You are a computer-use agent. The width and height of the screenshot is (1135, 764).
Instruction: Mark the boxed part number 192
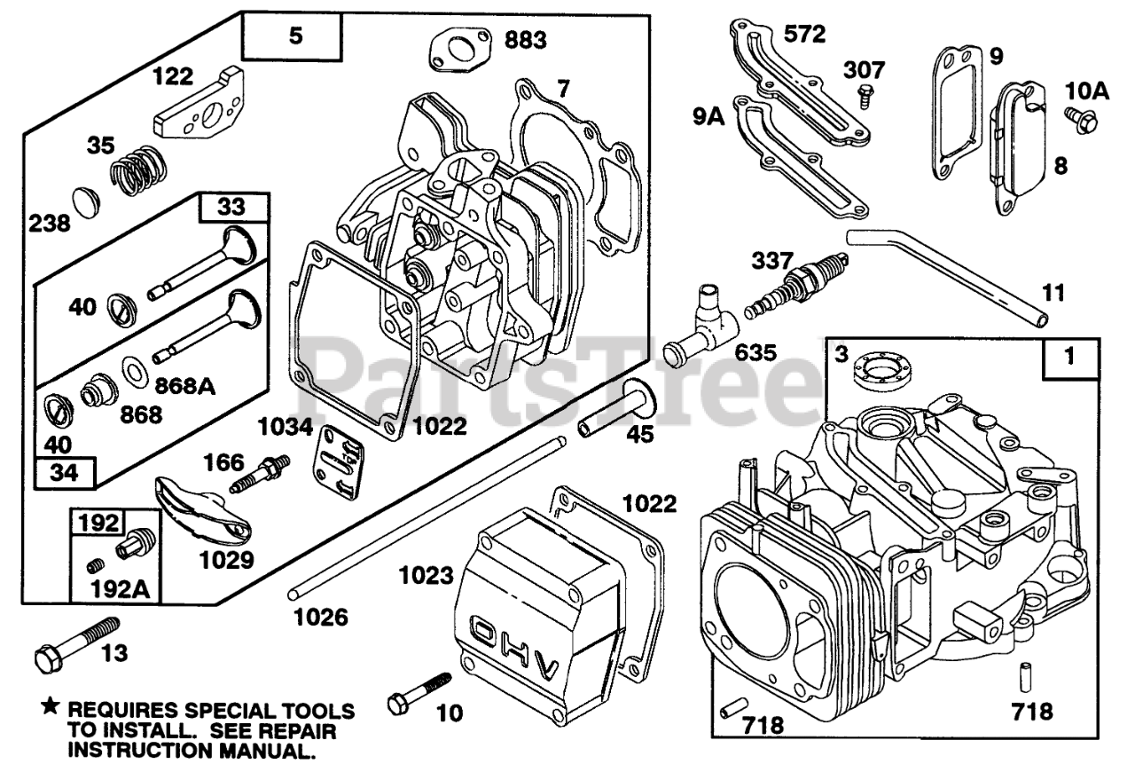pos(99,523)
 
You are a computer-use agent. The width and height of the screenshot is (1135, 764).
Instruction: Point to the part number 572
pos(804,34)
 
